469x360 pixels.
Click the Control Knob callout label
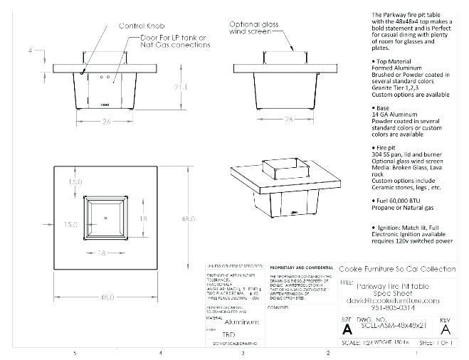tap(142, 26)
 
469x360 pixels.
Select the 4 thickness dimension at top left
tap(31, 51)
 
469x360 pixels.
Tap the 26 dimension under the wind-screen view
tap(289, 119)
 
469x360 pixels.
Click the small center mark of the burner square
tap(105, 218)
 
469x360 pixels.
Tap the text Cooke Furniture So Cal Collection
tap(397, 269)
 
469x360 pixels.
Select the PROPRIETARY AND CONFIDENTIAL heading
tap(298, 265)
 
